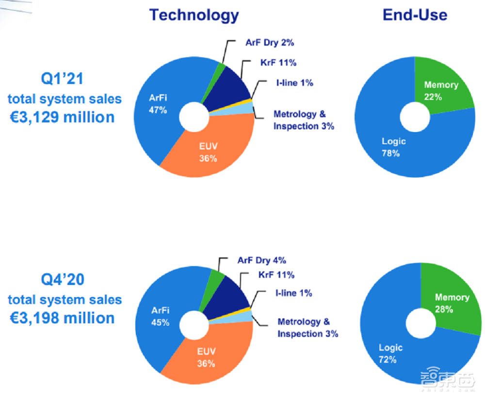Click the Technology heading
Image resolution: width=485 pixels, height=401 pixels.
pyautogui.click(x=194, y=15)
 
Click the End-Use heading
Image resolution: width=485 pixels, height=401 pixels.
pyautogui.click(x=415, y=15)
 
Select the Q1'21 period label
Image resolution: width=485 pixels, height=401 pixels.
pyautogui.click(x=65, y=79)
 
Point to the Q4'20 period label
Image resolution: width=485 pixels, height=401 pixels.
pyautogui.click(x=65, y=280)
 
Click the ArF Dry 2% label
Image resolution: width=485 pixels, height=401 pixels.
pyautogui.click(x=270, y=43)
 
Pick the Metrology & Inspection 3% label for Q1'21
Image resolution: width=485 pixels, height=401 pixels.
pyautogui.click(x=304, y=120)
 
